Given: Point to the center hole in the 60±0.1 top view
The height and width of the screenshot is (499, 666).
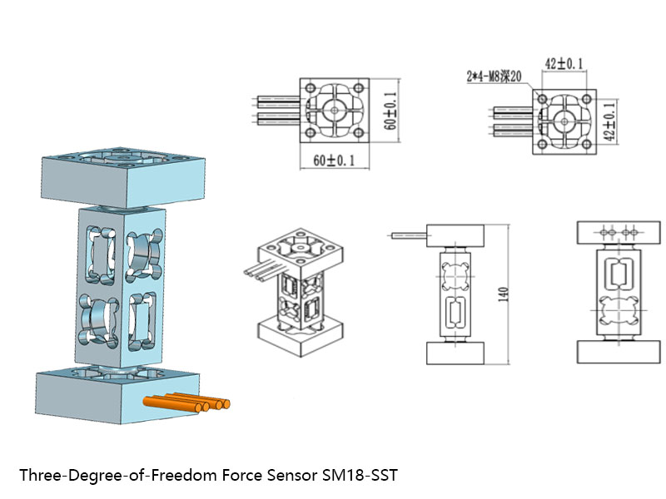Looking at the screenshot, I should [x=334, y=111].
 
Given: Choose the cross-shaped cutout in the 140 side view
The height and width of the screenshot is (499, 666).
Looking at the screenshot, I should [x=455, y=274].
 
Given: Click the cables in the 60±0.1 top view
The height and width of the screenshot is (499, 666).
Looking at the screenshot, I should [x=278, y=111].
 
